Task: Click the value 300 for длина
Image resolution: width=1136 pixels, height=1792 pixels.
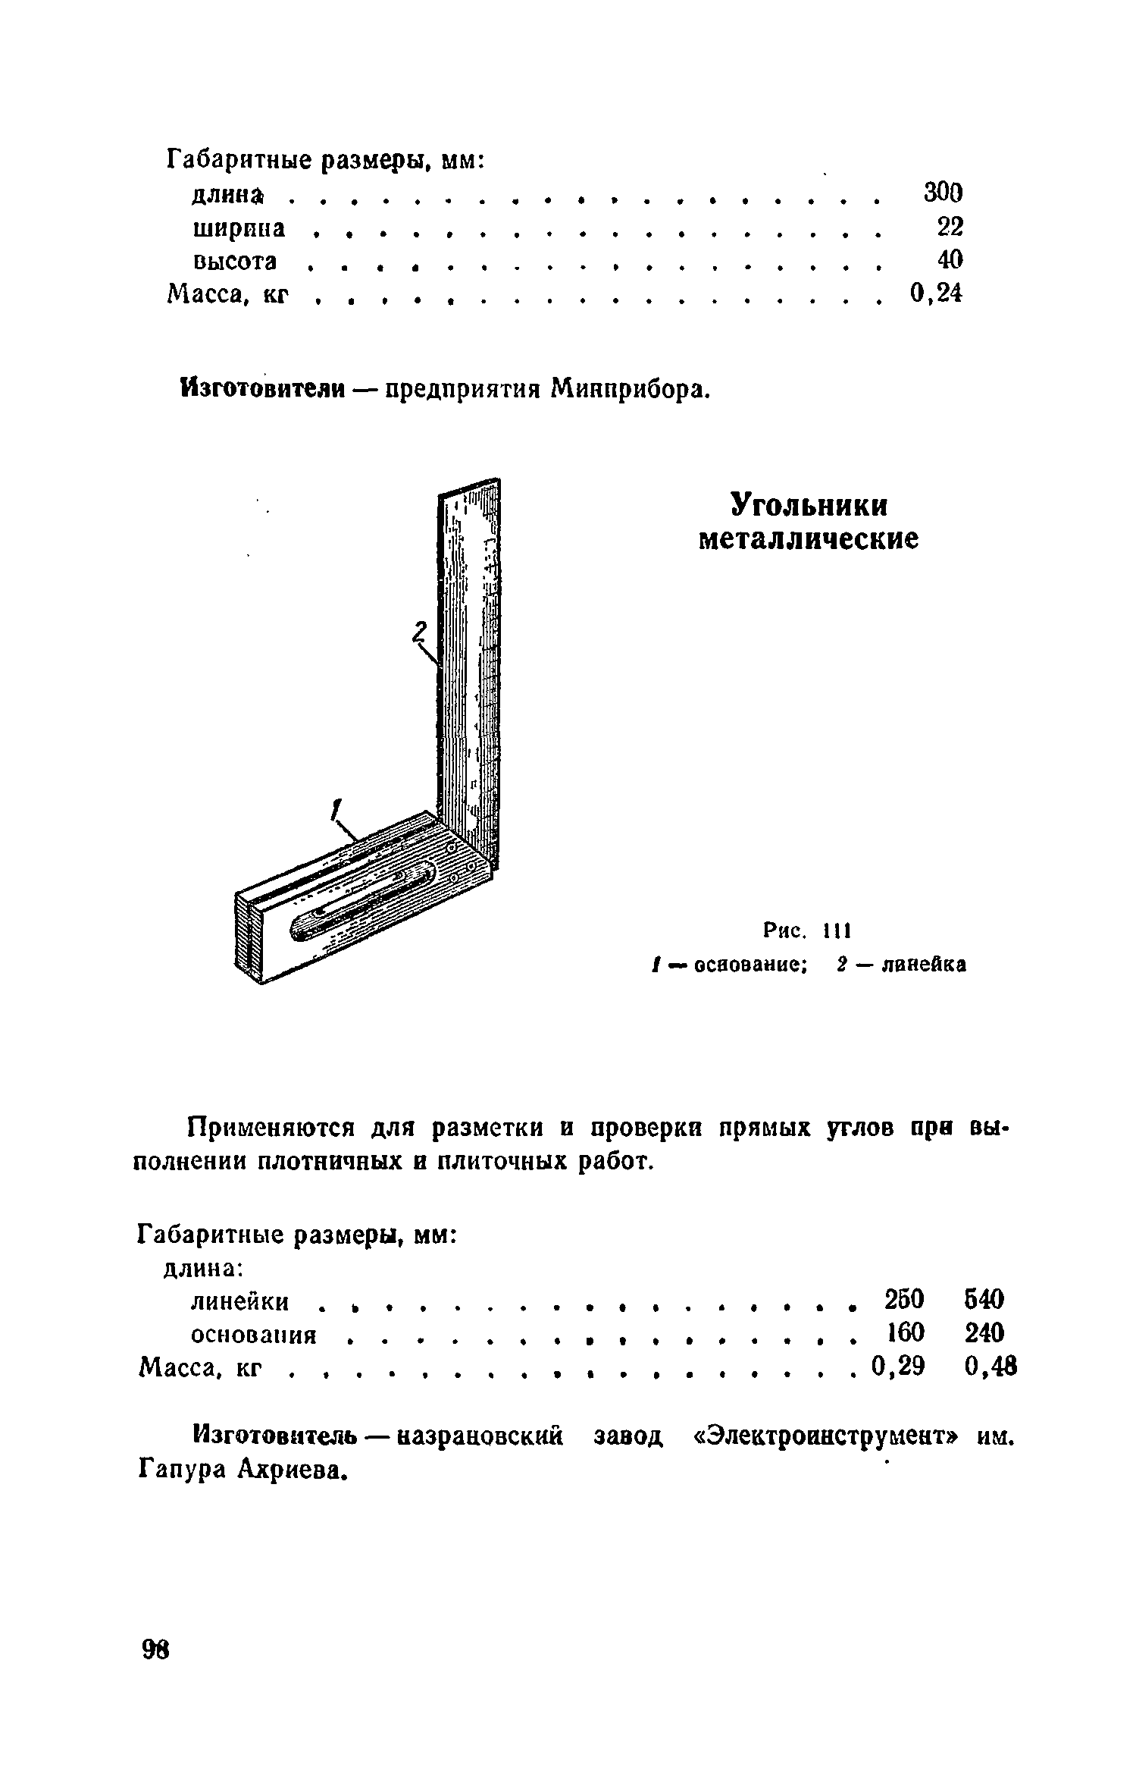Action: click(943, 193)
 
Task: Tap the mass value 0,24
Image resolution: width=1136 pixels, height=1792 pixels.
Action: click(935, 293)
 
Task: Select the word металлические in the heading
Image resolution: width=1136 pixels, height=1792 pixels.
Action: click(808, 539)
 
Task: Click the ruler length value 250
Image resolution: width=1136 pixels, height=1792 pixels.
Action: click(904, 1299)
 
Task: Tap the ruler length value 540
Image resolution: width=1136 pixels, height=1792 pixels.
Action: click(984, 1299)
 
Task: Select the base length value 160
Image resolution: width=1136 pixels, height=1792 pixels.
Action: click(904, 1332)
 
